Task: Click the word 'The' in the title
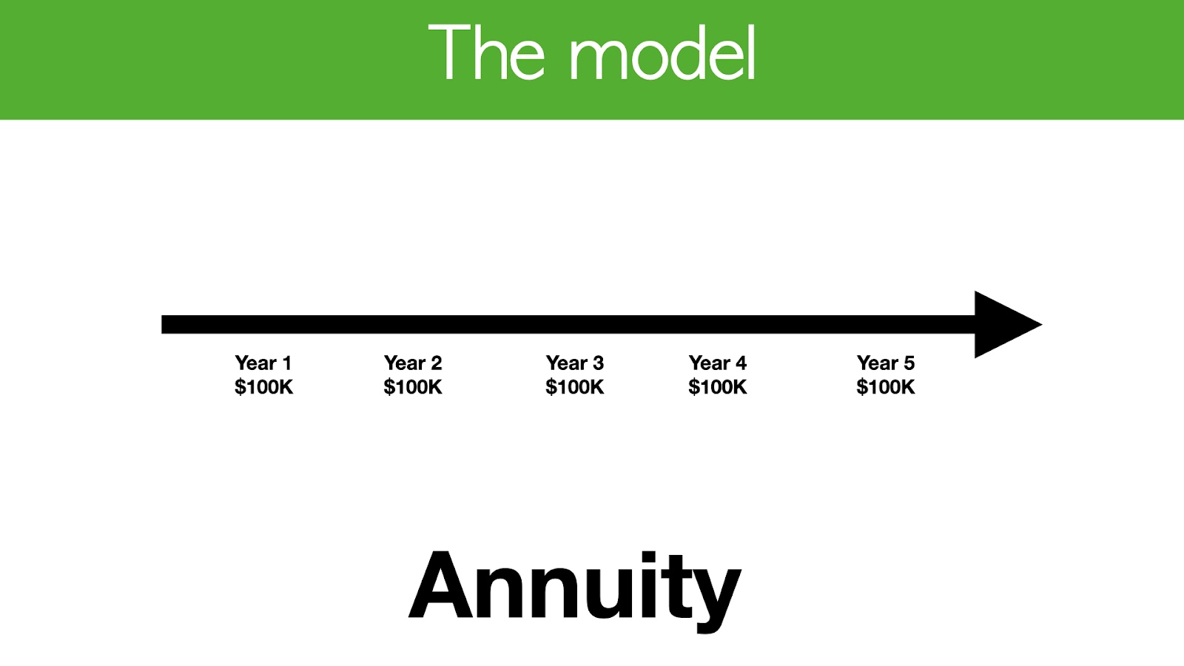[x=486, y=52]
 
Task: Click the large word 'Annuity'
[x=575, y=591]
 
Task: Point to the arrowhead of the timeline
[x=1008, y=325]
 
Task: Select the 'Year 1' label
[x=263, y=363]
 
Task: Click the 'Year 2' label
[x=413, y=363]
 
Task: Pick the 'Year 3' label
[x=574, y=363]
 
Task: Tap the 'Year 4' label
[x=717, y=363]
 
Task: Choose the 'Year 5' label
[x=885, y=363]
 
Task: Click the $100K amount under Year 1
[x=263, y=387]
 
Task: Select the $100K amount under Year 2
[x=413, y=387]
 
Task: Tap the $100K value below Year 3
[x=574, y=387]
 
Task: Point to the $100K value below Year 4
[x=717, y=387]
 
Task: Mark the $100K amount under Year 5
[x=885, y=387]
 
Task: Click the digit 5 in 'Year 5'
[x=909, y=363]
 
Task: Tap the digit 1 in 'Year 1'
[x=287, y=363]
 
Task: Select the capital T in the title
[x=449, y=52]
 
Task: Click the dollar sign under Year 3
[x=551, y=388]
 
